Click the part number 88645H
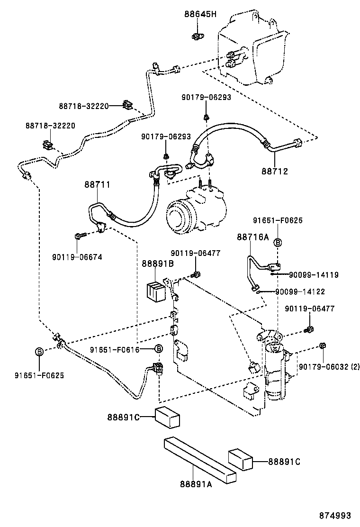(x=200, y=14)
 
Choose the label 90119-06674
(x=77, y=257)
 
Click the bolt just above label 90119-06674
(x=79, y=235)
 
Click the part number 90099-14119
(x=314, y=274)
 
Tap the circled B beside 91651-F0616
(x=159, y=349)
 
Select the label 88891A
(x=196, y=484)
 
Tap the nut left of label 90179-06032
(x=322, y=345)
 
